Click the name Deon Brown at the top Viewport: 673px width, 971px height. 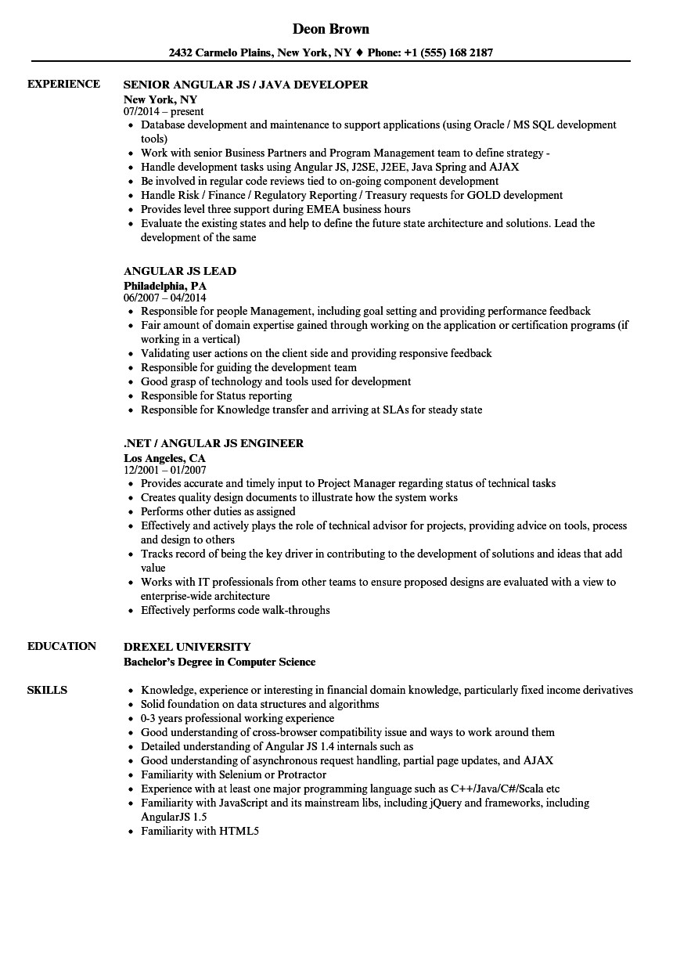pos(330,29)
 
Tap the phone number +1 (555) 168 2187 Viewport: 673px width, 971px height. pos(448,52)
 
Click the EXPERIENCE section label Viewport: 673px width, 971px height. pos(63,84)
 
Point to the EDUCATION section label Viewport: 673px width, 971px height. pos(62,646)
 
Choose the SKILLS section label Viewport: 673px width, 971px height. pos(47,690)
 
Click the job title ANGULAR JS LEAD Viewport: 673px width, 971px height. pos(180,271)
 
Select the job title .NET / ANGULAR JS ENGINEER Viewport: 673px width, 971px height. pos(214,443)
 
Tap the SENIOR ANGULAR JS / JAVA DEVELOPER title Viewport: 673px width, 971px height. pos(246,85)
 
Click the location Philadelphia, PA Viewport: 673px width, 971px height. pos(165,286)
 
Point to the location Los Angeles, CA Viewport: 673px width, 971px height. pos(164,458)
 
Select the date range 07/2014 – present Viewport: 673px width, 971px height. pos(164,112)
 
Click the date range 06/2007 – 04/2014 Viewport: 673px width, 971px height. pos(164,298)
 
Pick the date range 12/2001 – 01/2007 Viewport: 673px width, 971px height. pos(164,471)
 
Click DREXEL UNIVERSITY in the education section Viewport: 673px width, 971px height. pos(187,647)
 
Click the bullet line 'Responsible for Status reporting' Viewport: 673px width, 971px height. pos(217,395)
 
